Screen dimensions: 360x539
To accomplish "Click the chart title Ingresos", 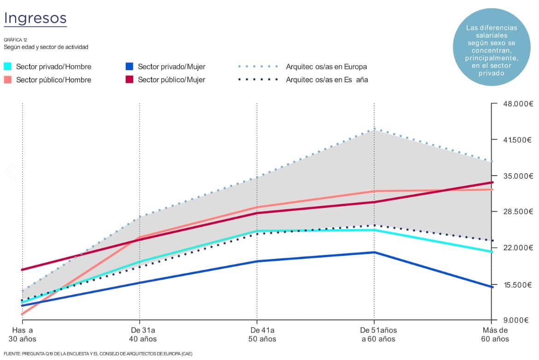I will coord(35,18).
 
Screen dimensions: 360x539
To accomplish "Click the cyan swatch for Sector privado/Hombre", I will coord(8,66).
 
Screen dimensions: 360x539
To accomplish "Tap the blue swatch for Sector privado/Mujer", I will coord(129,66).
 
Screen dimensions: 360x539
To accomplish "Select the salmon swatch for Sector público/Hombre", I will coord(8,79).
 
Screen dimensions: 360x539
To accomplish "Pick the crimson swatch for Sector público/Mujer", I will coord(129,79).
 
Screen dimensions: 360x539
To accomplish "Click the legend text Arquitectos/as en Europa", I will coord(326,67).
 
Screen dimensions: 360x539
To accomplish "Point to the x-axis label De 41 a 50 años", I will coord(263,335).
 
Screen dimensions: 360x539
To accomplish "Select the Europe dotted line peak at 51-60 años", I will coord(374,130).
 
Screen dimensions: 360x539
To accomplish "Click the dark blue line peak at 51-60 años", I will coord(374,252).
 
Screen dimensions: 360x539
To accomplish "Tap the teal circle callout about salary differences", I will coord(492,47).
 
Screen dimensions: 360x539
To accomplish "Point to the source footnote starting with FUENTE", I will coord(98,354).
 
